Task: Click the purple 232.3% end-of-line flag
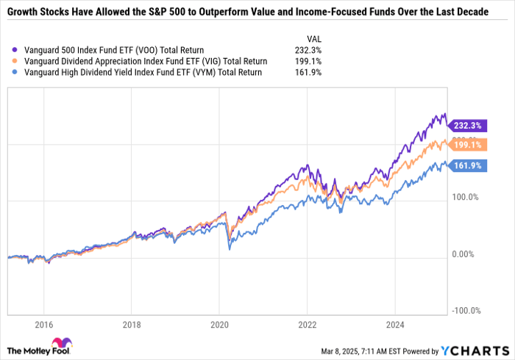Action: pyautogui.click(x=466, y=126)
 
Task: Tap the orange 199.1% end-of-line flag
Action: pyautogui.click(x=466, y=145)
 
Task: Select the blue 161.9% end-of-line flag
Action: pyautogui.click(x=466, y=166)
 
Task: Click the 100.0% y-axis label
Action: pyautogui.click(x=466, y=197)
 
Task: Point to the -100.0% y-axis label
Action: pyautogui.click(x=466, y=311)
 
